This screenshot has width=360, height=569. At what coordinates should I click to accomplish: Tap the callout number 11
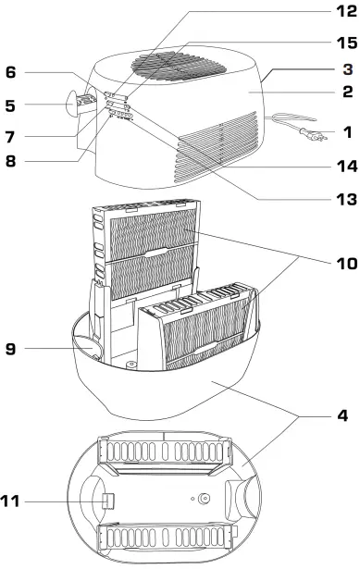pyautogui.click(x=13, y=502)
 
